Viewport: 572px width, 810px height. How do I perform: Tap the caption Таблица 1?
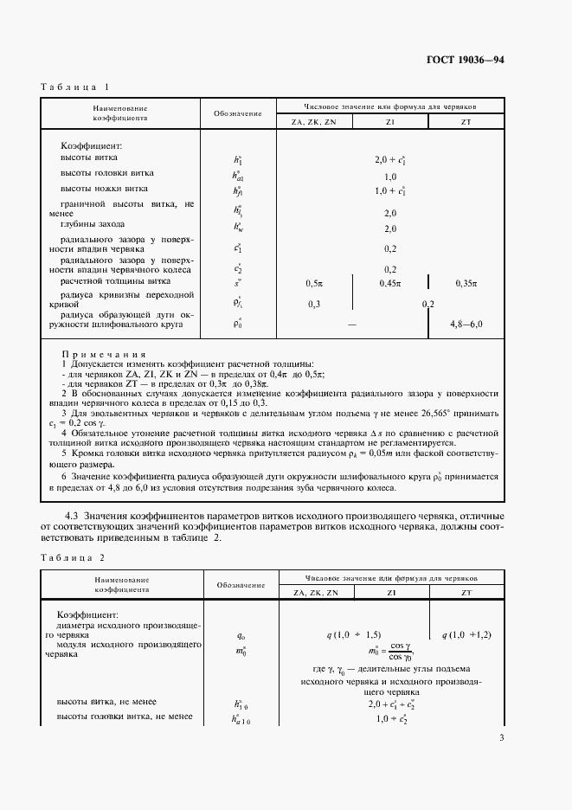[x=75, y=87]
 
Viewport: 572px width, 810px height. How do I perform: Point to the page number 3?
[x=501, y=737]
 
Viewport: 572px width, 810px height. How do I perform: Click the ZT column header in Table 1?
[x=466, y=122]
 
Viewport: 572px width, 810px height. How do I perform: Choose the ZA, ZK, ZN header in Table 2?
[x=315, y=593]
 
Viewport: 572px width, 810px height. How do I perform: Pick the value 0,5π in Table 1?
[x=314, y=283]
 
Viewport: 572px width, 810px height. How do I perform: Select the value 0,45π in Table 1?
[x=390, y=283]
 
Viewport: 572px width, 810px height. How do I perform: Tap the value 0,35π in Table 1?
[x=466, y=283]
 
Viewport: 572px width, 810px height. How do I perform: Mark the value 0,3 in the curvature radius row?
[x=314, y=304]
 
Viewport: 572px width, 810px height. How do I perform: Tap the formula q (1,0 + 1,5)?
[x=354, y=634]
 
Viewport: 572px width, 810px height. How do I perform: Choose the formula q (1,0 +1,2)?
[x=466, y=634]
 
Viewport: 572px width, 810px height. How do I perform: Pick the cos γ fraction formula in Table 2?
[x=390, y=652]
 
